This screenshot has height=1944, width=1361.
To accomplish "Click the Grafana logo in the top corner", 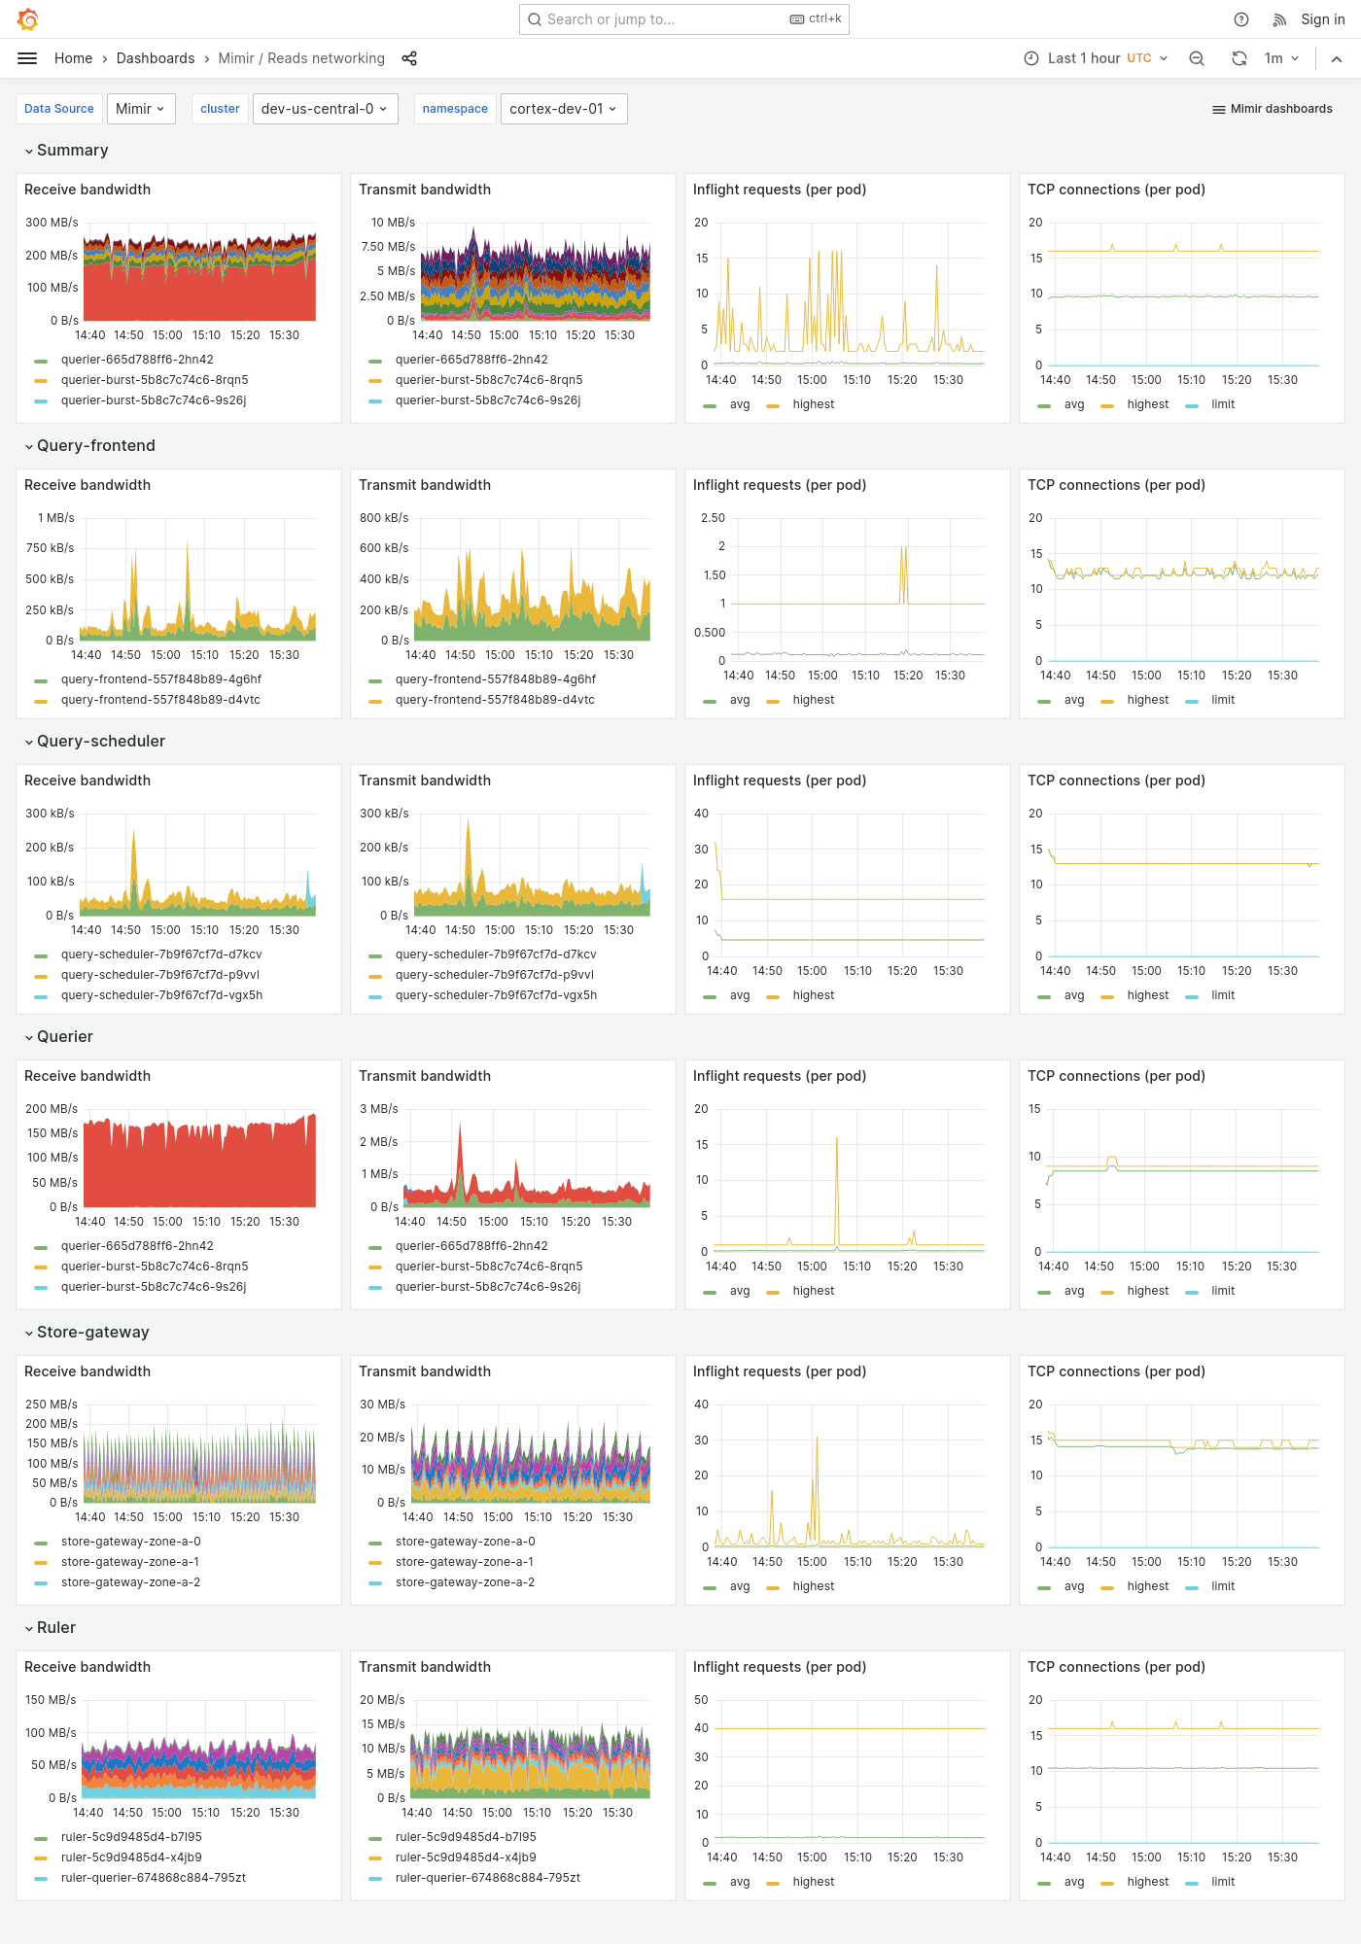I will (x=28, y=19).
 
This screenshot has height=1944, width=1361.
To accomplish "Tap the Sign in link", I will (x=1322, y=19).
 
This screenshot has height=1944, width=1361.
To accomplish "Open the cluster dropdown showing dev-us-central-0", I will (x=325, y=109).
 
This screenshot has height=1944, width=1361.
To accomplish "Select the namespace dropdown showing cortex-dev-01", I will (x=563, y=109).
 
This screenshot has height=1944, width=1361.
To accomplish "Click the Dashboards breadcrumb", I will (x=156, y=58).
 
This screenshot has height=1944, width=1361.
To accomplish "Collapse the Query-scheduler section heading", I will (x=100, y=742).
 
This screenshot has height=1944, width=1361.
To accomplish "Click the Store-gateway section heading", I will (x=92, y=1333).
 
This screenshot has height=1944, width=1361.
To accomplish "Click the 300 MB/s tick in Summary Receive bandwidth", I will (x=52, y=223).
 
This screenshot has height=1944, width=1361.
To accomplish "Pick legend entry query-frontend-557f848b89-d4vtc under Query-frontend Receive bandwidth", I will (x=160, y=700).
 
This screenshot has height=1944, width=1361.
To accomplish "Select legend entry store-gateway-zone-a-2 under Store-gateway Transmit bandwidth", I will (x=465, y=1582).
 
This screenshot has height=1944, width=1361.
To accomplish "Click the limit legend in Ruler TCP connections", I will (x=1222, y=1882).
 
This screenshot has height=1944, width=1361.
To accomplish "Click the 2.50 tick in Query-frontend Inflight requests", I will (x=713, y=518).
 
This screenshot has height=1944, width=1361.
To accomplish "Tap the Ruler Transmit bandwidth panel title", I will (x=424, y=1667).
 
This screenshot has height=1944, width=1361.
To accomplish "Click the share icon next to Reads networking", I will (x=409, y=58).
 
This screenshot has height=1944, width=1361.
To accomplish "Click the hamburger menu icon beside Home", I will (x=27, y=58).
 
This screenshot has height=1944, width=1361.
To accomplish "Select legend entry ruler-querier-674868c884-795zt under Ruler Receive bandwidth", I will (x=153, y=1878).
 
